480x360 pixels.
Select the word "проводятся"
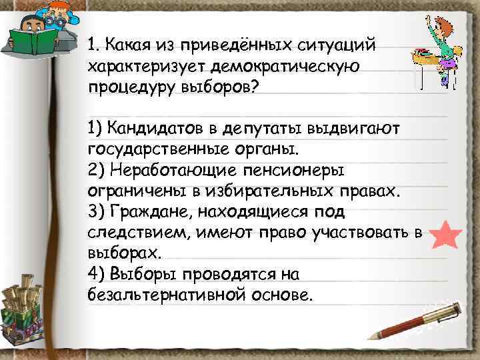(231, 274)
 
